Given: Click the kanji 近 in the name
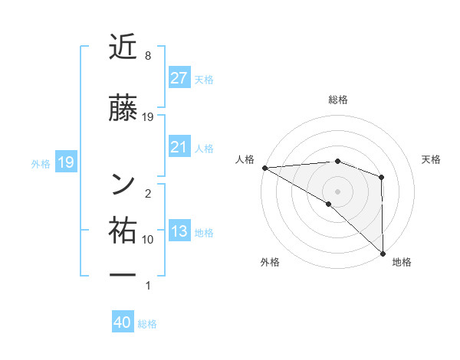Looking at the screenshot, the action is coord(123,47).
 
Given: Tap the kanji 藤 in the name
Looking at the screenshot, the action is coord(123,108).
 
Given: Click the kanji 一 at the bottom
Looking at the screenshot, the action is coord(123,273).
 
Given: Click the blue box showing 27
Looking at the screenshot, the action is coord(179,77).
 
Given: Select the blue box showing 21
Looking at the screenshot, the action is coord(179,147).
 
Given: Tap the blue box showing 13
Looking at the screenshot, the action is coord(179,231).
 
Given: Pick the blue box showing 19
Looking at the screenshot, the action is coord(66,162).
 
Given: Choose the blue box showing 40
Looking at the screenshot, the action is coord(123,322).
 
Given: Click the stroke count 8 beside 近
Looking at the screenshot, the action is coord(147,55).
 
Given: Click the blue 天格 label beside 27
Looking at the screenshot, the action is coord(204,79).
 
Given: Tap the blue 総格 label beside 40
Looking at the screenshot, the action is coord(147,324).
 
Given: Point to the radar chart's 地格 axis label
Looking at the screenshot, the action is coord(402,262).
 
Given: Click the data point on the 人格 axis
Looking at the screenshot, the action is coord(264,168).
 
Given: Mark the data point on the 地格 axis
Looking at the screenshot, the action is coord(382,253).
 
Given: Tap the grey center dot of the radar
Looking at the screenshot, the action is coord(337,191).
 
